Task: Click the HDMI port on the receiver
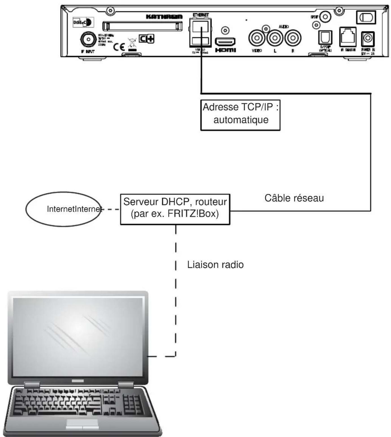(x=225, y=42)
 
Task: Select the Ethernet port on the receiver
(x=200, y=27)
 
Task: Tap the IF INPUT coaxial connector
(x=88, y=40)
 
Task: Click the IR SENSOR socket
(x=347, y=36)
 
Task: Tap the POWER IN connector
(x=368, y=38)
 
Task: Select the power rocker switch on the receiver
(x=366, y=18)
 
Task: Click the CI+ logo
(x=146, y=39)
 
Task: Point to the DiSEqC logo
(x=82, y=22)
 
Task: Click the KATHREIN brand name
(x=164, y=17)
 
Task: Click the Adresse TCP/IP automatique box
(x=240, y=115)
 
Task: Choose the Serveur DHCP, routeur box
(x=175, y=209)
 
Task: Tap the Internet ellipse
(x=63, y=209)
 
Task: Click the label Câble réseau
(x=294, y=198)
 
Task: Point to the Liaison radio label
(x=215, y=265)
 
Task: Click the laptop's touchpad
(x=82, y=423)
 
